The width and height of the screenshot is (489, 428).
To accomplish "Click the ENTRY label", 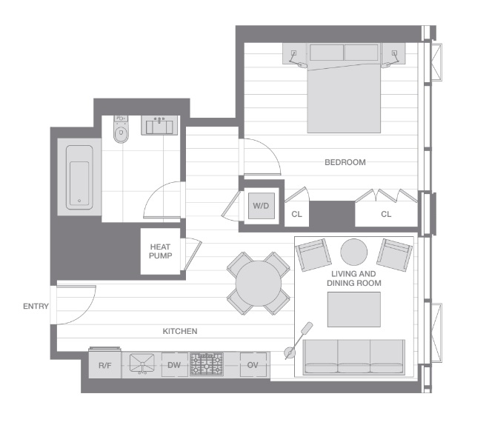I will (x=36, y=307).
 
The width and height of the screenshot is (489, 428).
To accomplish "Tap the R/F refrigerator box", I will (x=104, y=365).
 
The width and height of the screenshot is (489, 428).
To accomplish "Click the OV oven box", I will (x=253, y=365).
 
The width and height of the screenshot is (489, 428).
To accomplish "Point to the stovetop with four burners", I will (x=207, y=364).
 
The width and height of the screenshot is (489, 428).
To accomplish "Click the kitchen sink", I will (x=142, y=364).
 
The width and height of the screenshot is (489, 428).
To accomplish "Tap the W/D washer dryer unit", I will (x=261, y=206).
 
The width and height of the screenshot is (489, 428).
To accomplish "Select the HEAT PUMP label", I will (x=161, y=252).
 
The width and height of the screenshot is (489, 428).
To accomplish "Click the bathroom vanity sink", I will (x=159, y=126).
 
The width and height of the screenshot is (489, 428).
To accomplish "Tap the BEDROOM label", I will (x=345, y=162).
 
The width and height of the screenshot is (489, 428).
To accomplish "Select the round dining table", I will (x=257, y=281).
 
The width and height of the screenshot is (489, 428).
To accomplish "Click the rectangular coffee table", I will (x=353, y=310).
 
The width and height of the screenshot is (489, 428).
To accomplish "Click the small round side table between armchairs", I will (x=353, y=252).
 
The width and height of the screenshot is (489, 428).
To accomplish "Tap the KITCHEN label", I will (x=180, y=331).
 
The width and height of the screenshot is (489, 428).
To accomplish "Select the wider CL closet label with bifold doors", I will (x=386, y=214).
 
